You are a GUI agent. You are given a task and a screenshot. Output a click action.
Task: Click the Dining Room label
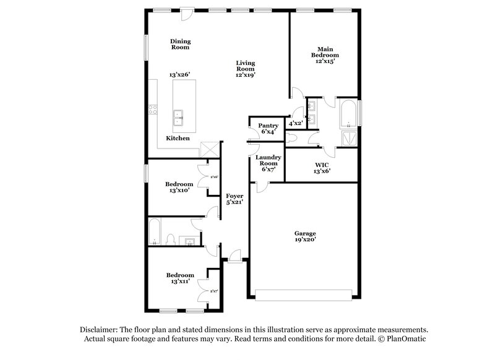(180, 44)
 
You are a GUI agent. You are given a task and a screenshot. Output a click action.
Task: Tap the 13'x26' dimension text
(179, 74)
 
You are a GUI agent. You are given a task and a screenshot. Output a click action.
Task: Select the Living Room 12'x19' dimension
(245, 74)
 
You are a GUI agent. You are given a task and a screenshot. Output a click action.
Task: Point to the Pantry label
(269, 126)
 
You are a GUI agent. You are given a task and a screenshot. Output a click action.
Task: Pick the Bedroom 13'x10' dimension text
(179, 191)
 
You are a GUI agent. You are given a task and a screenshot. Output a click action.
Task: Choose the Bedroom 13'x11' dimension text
(179, 281)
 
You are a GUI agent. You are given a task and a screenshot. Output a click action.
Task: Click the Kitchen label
(178, 138)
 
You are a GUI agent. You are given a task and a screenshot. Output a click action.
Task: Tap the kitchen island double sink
(177, 114)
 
